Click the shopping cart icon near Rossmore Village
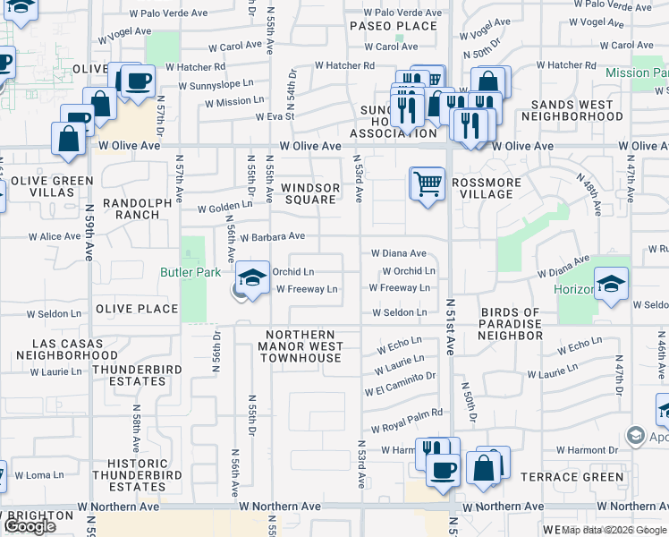click(428, 184)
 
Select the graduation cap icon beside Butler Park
click(253, 277)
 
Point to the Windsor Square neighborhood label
click(310, 193)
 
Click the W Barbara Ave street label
click(267, 236)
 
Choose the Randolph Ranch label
click(137, 209)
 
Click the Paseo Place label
click(394, 26)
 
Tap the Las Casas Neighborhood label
click(75, 349)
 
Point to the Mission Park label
click(636, 72)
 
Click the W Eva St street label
click(275, 116)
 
